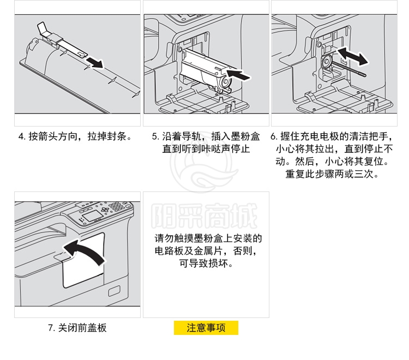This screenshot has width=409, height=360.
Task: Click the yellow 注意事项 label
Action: click(206, 328)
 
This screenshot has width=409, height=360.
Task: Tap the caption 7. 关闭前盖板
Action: click(77, 328)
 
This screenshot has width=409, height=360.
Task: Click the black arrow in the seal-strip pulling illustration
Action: click(95, 63)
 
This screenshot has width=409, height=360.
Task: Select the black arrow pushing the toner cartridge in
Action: click(238, 74)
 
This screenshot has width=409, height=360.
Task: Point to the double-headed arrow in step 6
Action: click(353, 56)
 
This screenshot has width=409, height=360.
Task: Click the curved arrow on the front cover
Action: click(84, 252)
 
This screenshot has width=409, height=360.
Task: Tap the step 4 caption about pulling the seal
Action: click(76, 136)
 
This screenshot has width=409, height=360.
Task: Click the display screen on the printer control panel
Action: click(92, 216)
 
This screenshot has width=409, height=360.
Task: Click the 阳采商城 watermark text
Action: click(204, 216)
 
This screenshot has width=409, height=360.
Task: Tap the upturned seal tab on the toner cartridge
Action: click(43, 28)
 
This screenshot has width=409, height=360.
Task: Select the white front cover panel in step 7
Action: click(83, 261)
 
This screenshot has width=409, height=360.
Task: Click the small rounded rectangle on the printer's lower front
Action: click(115, 291)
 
